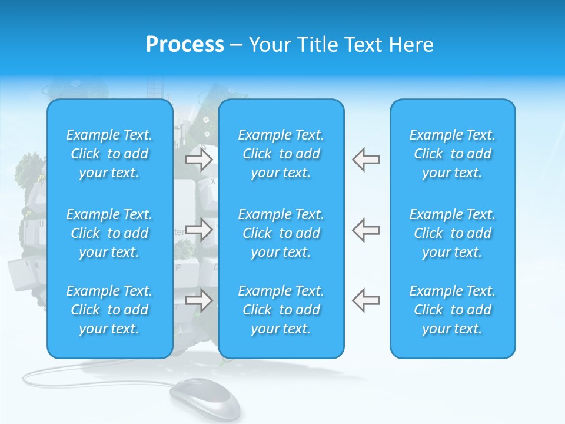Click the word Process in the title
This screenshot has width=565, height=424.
185,45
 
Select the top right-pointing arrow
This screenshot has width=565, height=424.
198,159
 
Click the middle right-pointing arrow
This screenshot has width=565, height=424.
198,230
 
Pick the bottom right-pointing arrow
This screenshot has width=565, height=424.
198,301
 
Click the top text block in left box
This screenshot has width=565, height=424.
109,154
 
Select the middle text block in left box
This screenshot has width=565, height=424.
109,233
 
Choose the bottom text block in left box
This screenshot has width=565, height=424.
109,310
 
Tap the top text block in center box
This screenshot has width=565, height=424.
281,154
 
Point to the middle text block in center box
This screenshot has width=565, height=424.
281,233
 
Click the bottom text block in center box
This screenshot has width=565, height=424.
281,310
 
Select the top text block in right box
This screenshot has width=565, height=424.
453,154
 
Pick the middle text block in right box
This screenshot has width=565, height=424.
453,233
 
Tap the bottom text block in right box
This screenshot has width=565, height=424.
453,310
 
